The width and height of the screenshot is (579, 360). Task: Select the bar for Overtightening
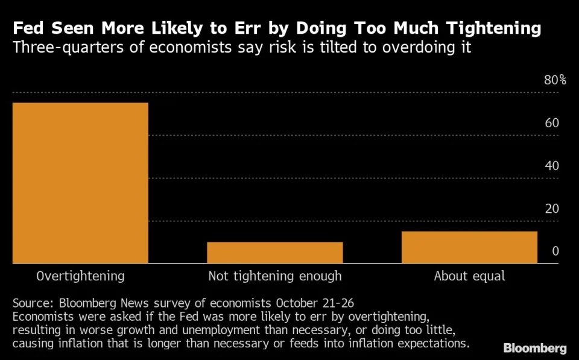80,183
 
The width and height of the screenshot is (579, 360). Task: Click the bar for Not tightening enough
275,253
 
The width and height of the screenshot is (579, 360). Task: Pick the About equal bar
469,247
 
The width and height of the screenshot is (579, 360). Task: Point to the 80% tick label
555,80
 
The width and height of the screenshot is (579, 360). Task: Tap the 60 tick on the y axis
552,123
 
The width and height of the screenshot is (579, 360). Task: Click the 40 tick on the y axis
552,166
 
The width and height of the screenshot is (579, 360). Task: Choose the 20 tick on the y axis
552,209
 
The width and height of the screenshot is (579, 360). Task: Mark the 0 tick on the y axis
555,251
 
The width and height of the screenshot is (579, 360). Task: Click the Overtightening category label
80,277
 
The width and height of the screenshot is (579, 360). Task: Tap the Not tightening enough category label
275,277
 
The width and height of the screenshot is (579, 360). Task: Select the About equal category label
469,277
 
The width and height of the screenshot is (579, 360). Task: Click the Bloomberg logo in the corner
535,349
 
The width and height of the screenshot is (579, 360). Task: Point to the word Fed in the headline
28,29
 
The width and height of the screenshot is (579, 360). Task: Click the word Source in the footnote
31,303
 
